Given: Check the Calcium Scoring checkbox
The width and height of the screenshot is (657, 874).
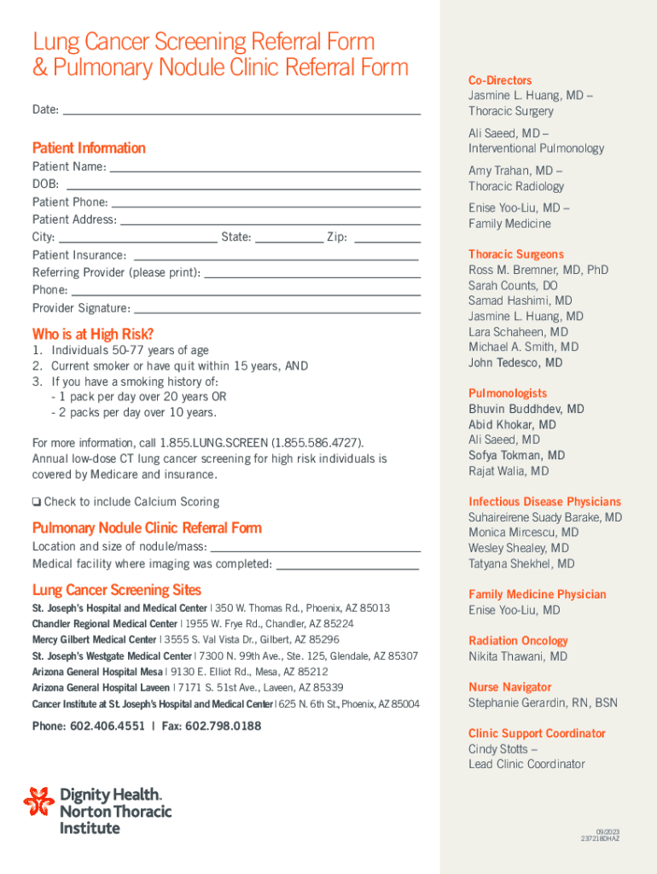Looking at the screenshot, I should point(37,502).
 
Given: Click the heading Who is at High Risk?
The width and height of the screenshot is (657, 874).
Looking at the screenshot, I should point(93,334).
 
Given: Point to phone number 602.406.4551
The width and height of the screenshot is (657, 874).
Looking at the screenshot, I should point(108,726).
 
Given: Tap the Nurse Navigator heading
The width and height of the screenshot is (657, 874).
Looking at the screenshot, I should point(509,687).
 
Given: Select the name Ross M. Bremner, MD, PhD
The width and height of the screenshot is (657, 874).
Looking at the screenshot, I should point(538,270).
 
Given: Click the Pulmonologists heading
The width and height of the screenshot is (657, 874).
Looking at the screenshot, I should point(508,393).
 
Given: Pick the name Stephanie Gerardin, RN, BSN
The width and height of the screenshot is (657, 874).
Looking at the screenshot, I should point(543,703).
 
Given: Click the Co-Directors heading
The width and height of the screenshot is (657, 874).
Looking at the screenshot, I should point(499,80).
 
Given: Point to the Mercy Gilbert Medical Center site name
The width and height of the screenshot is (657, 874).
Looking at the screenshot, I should point(95,639).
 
